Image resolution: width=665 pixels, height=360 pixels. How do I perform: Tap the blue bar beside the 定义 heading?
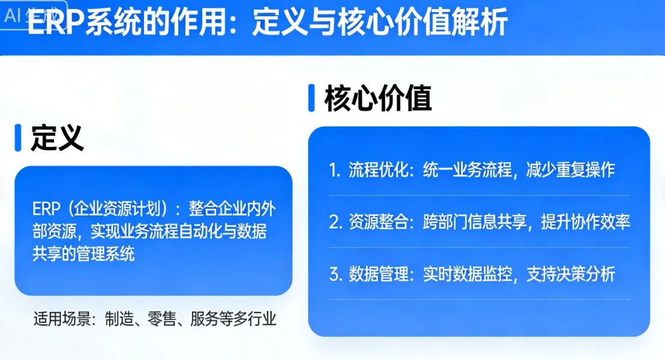pos(18,138)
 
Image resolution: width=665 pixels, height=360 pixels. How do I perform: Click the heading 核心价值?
pos(378,98)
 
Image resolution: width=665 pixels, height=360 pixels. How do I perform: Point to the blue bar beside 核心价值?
pos(311,98)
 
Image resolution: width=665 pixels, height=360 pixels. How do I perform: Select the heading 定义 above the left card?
pos(57,139)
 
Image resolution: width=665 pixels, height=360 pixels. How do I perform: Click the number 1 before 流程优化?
pos(334,170)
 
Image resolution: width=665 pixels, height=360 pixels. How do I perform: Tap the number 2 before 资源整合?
pos(334,222)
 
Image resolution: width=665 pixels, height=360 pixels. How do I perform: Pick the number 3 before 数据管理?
pos(334,275)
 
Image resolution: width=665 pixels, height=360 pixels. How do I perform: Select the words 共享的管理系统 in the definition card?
pos(83,253)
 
